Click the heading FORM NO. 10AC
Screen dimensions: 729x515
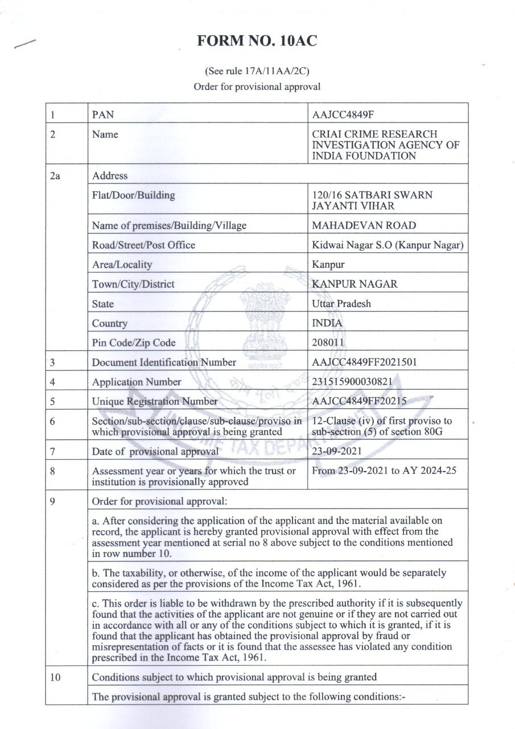pos(257,42)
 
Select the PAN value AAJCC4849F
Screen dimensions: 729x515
pos(343,114)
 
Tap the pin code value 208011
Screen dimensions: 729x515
pos(329,343)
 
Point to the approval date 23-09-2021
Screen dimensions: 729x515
pos(337,452)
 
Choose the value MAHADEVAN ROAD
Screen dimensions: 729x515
pos(364,225)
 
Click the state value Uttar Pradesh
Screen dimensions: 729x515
pos(341,304)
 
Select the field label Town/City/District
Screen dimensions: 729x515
pos(133,284)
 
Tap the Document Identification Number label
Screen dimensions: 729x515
pos(164,362)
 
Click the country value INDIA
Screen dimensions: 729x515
pos(327,323)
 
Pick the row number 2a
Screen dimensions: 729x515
pos(55,176)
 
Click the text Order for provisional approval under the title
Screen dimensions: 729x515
pos(257,87)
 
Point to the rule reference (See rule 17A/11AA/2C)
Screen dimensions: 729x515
pos(257,72)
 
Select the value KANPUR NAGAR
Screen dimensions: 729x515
pos(355,284)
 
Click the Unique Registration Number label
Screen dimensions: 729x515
pos(155,402)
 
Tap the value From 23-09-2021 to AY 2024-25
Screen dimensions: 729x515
pos(384,471)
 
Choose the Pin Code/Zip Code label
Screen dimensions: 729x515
pos(134,343)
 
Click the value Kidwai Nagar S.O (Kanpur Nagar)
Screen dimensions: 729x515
pos(388,245)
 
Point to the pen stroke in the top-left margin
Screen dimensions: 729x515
pos(25,44)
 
